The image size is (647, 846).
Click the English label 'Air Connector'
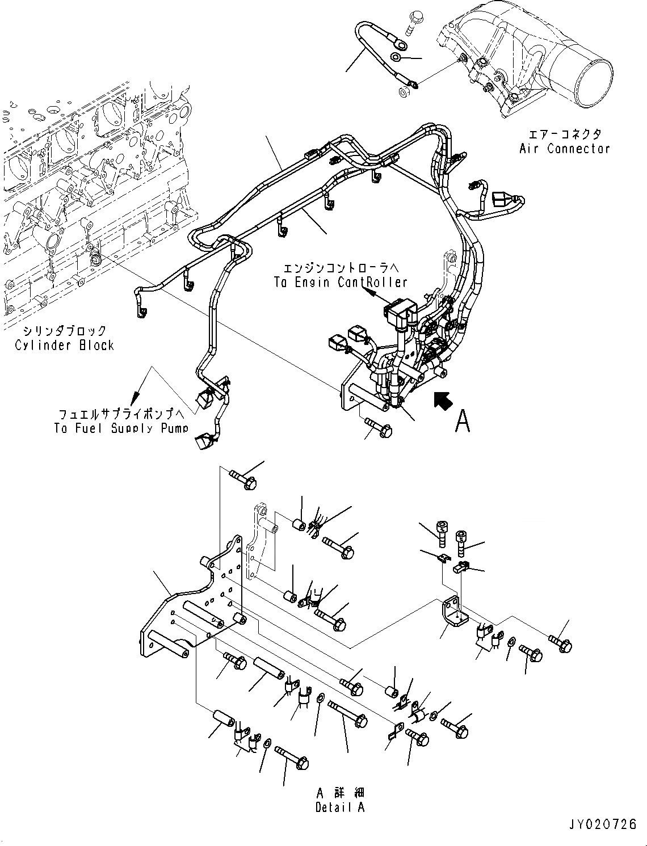point(564,149)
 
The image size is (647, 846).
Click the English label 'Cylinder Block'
point(64,346)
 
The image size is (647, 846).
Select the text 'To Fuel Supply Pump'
point(121,428)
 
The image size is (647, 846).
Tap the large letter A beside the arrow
point(463,421)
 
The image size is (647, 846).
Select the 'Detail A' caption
point(340,807)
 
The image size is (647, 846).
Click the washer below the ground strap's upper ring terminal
point(397,56)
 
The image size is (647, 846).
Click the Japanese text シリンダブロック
point(64,330)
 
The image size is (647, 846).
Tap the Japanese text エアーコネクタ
point(564,134)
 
